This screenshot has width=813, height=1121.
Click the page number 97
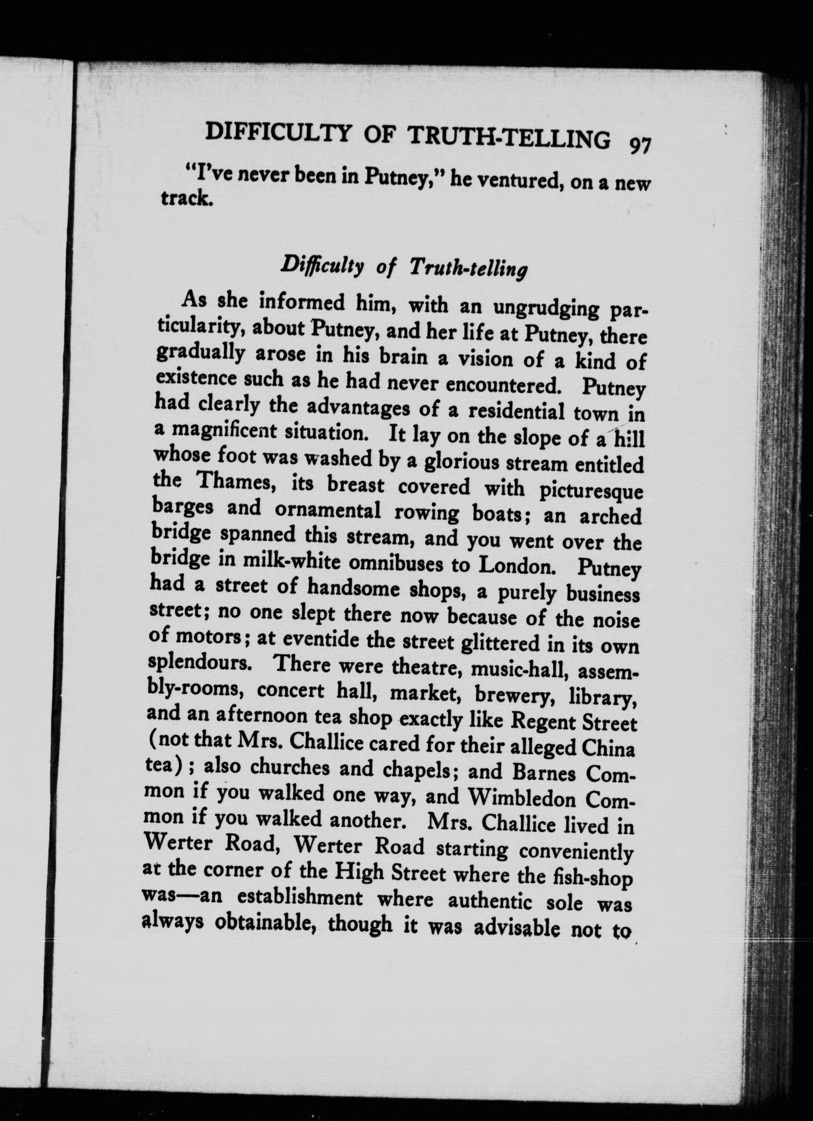pos(640,147)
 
